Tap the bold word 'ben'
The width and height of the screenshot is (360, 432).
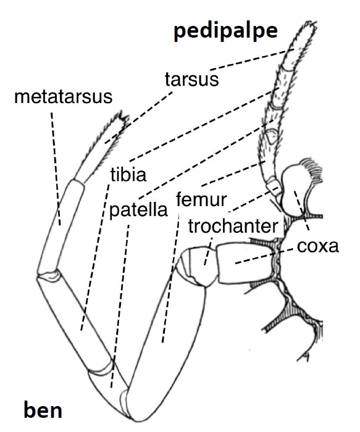tap(43, 410)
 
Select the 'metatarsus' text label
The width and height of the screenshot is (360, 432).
tap(63, 97)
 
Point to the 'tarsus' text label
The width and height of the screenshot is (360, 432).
tap(192, 79)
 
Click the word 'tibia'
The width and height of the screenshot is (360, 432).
tap(128, 174)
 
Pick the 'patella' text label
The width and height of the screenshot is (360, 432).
tap(138, 210)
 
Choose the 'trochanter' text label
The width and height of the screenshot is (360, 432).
tap(233, 226)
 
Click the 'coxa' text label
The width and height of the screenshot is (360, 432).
tap(317, 246)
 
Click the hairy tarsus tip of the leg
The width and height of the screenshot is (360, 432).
tap(102, 146)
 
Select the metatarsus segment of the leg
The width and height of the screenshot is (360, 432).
tap(61, 226)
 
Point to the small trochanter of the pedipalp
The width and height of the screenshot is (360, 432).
tap(274, 187)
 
